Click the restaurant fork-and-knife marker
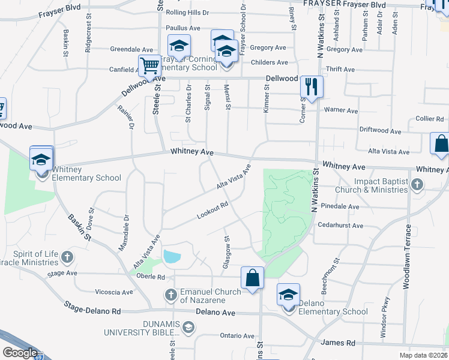[312, 87]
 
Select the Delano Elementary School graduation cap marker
[288, 295]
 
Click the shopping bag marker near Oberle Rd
[252, 278]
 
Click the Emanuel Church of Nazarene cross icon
[171, 295]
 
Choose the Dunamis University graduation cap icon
[188, 327]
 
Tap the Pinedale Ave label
[340, 206]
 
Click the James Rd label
[338, 343]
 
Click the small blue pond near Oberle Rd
[171, 257]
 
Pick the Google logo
[19, 353]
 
